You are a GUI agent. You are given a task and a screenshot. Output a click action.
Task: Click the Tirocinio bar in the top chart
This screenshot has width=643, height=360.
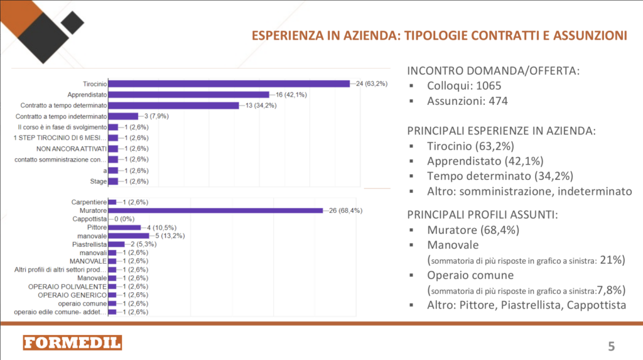pos(229,84)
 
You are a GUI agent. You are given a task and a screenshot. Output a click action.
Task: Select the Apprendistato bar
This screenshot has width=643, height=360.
pos(188,94)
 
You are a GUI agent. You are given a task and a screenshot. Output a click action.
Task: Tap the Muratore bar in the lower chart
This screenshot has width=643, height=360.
pos(215,210)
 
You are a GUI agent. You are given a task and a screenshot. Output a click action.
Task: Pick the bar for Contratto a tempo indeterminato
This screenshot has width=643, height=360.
pos(123,116)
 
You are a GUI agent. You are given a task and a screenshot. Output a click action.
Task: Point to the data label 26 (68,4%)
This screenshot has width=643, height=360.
pos(346,210)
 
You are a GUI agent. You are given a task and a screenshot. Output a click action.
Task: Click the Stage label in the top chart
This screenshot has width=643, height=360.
pos(99,182)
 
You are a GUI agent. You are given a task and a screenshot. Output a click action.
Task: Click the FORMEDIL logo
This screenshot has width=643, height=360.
pos(72,342)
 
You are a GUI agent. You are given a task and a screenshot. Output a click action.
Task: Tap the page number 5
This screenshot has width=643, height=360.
pos(611,345)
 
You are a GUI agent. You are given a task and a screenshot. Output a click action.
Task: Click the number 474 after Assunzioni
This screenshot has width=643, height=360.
pos(494,101)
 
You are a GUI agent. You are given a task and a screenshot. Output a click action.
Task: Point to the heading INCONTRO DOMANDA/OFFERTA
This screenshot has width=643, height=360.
pos(493,70)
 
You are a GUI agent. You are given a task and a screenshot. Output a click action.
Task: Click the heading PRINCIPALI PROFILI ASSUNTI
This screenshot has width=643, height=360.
pos(482,214)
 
